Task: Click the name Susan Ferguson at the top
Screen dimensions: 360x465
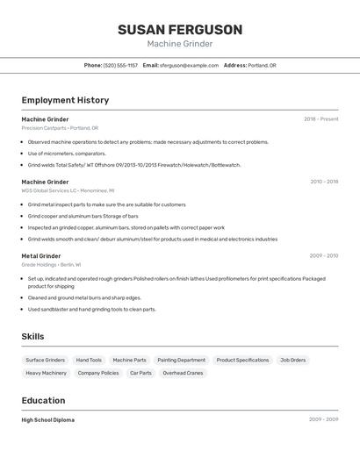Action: (180, 29)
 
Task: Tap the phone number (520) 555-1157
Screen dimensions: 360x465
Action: (120, 65)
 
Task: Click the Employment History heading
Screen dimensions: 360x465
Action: (65, 100)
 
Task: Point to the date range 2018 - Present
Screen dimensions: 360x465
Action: (320, 119)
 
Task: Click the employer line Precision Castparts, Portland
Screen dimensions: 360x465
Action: (60, 128)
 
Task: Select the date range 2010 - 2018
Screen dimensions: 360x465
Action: (324, 182)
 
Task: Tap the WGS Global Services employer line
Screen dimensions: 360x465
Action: (68, 190)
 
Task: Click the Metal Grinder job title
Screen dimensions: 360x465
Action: (41, 256)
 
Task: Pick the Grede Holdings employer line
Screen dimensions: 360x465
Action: (51, 264)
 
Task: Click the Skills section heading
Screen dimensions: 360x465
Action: (33, 337)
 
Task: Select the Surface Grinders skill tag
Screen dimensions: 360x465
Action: (45, 360)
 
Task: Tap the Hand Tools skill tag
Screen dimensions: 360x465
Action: (89, 360)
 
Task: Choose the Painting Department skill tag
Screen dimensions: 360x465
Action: (181, 360)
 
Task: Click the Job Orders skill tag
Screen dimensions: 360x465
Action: (292, 360)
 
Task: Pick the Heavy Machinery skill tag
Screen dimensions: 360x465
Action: (46, 373)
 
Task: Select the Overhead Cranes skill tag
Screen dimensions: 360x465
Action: (183, 373)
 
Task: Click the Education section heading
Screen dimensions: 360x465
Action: (45, 400)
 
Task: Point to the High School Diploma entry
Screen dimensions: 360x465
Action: (48, 420)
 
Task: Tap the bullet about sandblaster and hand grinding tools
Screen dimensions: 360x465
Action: (91, 309)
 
